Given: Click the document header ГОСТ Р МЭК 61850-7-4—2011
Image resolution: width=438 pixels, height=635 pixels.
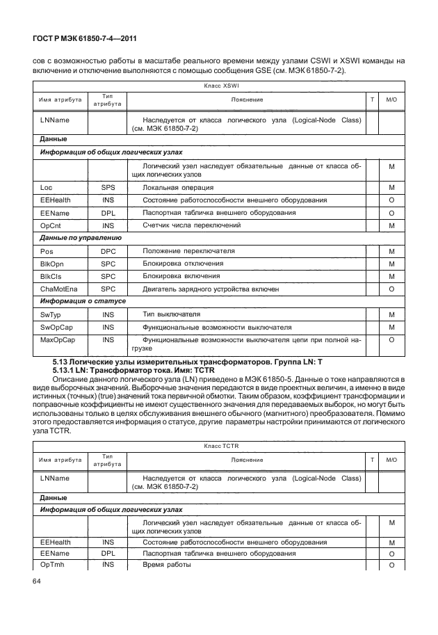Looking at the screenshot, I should [85, 40].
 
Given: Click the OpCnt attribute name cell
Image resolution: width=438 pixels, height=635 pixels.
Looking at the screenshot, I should [51, 225].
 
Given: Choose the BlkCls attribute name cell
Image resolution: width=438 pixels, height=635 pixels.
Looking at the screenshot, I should [51, 275].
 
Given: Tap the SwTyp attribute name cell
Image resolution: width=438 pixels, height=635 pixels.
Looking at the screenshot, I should [51, 314].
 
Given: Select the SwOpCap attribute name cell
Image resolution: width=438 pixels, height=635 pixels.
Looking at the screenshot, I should [55, 327].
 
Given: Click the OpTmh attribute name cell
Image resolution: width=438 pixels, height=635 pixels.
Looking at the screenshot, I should [52, 565].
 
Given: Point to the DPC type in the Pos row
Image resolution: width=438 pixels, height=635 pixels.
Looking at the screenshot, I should [108, 250].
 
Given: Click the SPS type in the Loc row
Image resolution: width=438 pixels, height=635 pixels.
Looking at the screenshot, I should [108, 188].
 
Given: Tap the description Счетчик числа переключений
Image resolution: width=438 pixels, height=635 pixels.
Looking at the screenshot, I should [191, 225].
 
